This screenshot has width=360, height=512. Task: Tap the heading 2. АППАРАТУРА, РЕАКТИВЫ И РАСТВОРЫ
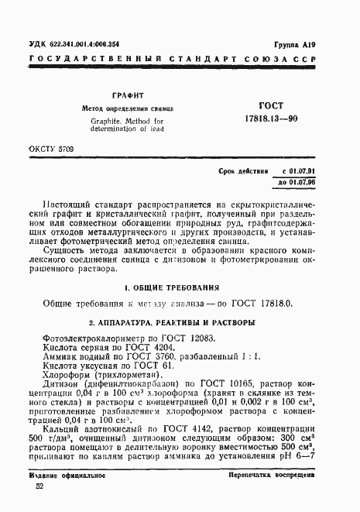pos(180,321)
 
